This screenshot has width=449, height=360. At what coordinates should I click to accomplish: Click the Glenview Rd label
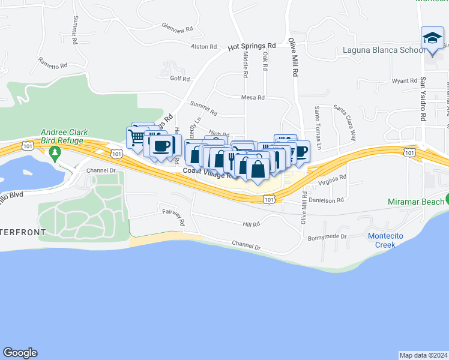point(177,28)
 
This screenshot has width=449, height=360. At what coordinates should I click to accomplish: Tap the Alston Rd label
point(203,46)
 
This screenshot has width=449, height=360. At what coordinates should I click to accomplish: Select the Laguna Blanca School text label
point(382,50)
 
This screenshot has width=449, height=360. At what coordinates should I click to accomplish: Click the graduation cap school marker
point(432,38)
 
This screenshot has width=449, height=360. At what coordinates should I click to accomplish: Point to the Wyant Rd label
point(404,80)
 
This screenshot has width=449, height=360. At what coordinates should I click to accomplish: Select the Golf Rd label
point(179,79)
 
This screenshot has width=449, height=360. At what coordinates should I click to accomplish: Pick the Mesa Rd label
point(253,97)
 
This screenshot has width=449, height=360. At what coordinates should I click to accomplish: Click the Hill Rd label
point(251,224)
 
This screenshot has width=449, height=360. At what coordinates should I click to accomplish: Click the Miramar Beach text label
point(415,201)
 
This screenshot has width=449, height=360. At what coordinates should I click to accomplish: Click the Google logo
point(20,353)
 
